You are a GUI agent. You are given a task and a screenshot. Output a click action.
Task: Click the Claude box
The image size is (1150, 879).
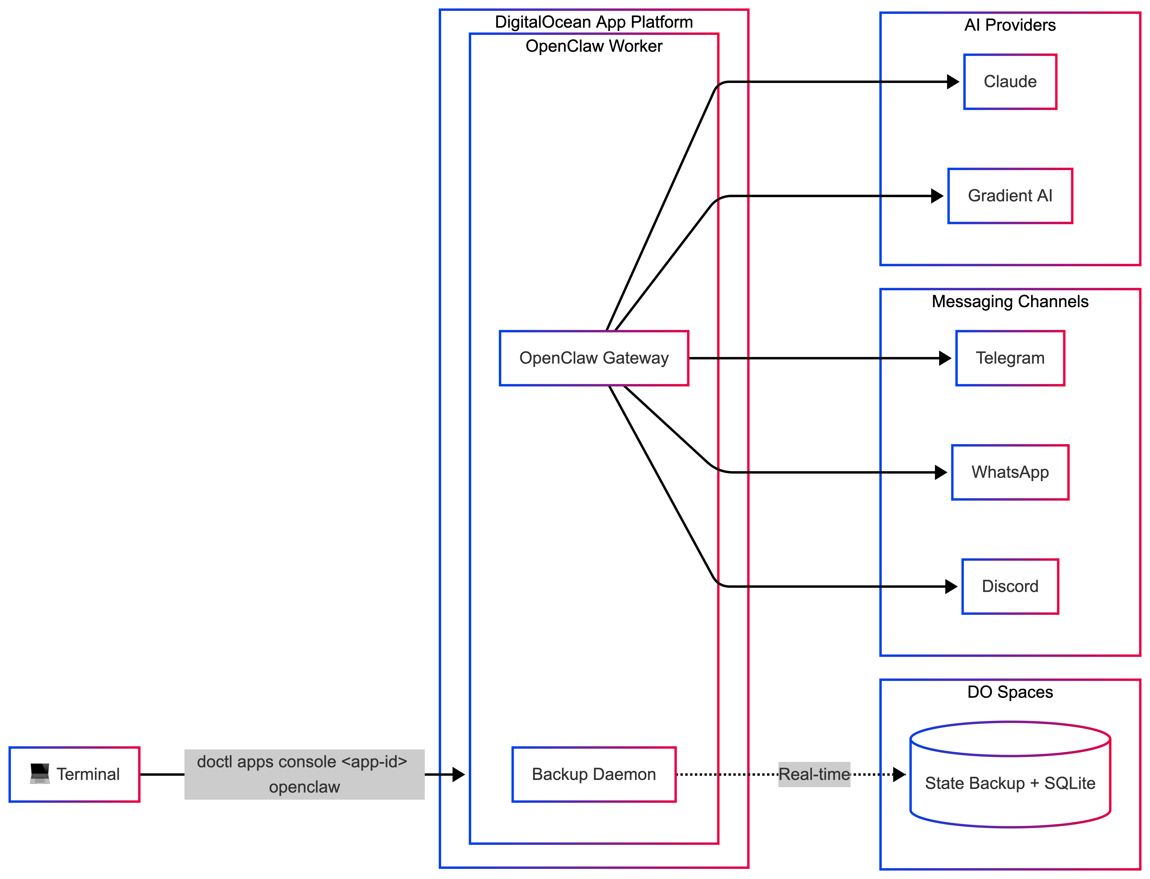pos(1010,82)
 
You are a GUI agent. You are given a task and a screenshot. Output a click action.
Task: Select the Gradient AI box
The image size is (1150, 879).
pos(1010,196)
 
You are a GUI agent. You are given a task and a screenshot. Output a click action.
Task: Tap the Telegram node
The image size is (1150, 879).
pos(1010,358)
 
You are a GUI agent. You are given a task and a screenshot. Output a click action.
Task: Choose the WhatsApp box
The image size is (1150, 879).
pos(1010,472)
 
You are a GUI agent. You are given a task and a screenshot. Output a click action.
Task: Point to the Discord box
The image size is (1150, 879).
pos(1010,586)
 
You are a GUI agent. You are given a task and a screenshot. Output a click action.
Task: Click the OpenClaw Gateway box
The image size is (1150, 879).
pos(594,358)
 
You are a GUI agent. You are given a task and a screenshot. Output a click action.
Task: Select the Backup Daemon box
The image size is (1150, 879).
pos(594,774)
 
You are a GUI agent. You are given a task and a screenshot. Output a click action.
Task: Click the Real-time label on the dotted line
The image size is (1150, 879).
pos(814,774)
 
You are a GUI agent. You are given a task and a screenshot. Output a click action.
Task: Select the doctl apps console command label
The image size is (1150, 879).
pos(304,774)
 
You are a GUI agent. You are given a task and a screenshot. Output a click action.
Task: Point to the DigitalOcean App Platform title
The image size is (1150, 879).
pos(594,22)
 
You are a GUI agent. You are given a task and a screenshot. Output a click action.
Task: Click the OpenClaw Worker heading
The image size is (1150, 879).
pos(594,46)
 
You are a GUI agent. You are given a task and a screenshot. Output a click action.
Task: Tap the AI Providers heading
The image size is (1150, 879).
pos(1010,25)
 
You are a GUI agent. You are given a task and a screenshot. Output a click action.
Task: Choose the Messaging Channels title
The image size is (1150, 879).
pos(1010,301)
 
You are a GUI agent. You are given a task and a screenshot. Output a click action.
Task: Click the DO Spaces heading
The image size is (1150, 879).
pos(1010,692)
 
